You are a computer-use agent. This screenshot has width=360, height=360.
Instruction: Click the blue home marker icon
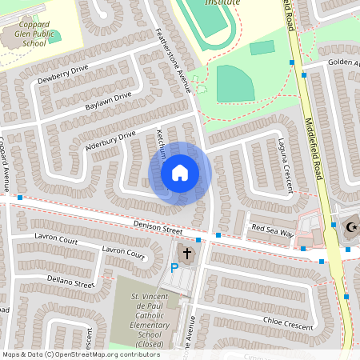(x=180, y=172)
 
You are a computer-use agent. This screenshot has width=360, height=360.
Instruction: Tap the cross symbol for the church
(x=187, y=254)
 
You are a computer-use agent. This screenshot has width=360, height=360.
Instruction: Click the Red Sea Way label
(x=273, y=229)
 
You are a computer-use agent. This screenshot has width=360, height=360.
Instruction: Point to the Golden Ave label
(x=342, y=62)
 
